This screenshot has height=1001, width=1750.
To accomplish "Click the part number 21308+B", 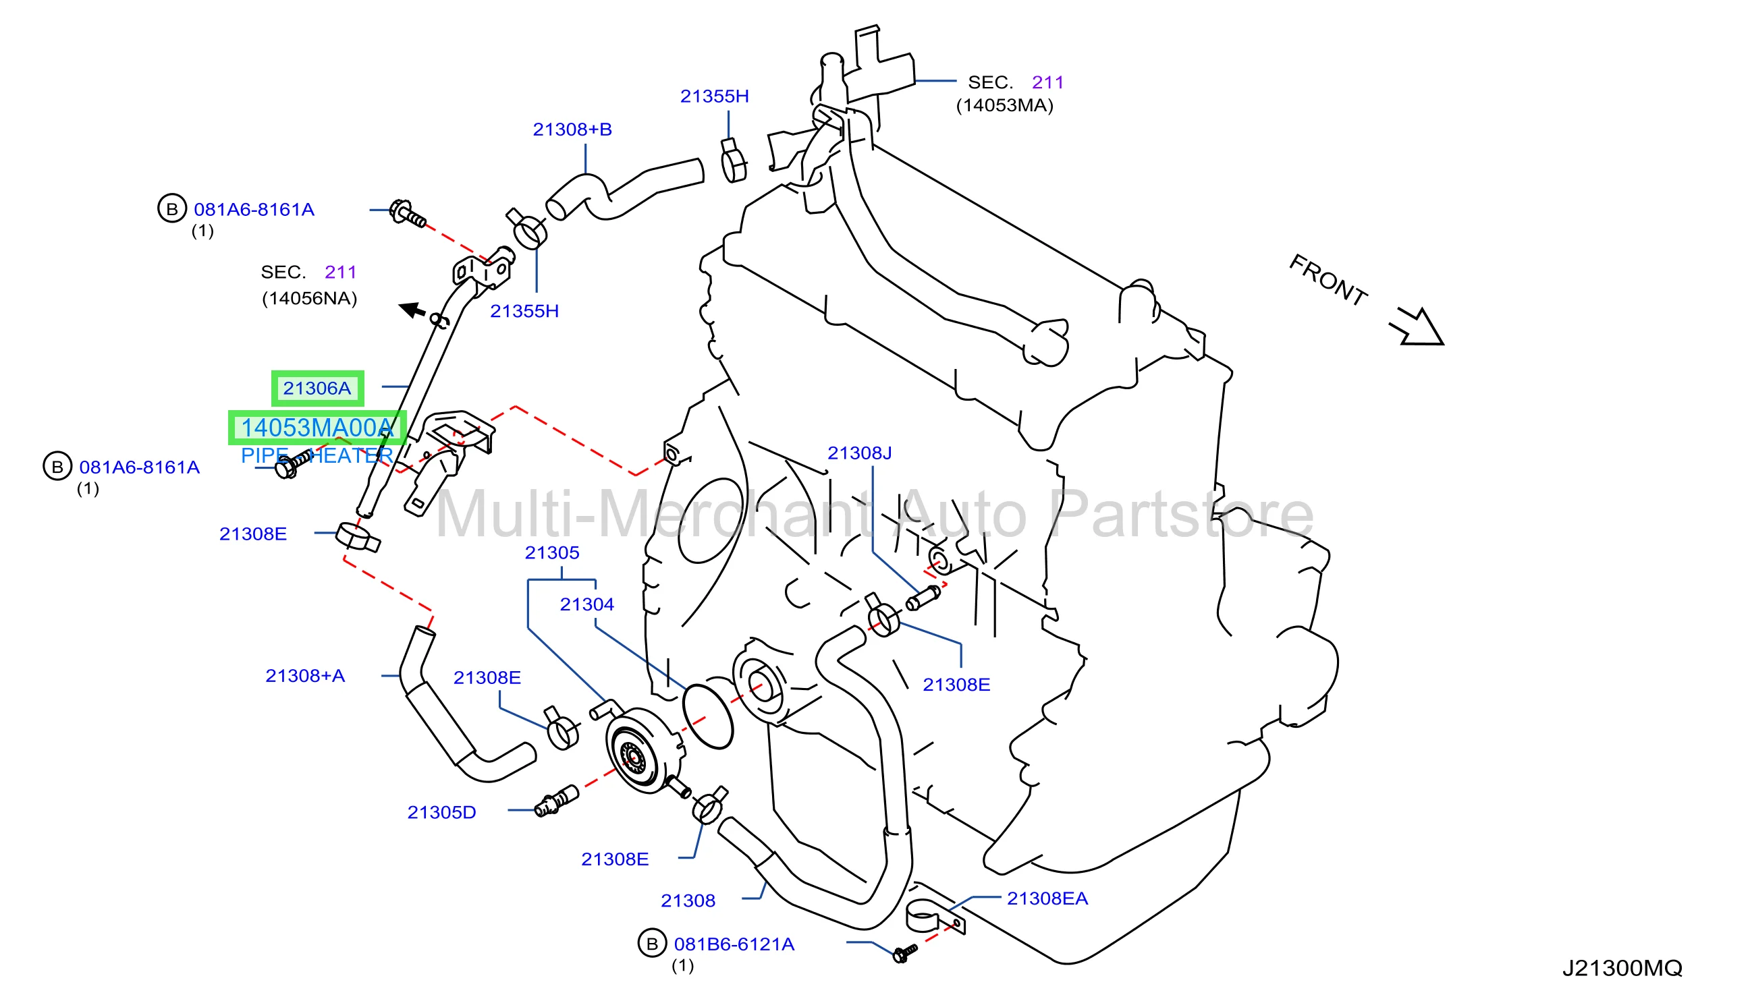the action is click(x=572, y=130).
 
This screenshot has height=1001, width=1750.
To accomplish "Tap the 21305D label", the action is click(x=441, y=813).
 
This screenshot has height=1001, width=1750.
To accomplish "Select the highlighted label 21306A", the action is click(x=317, y=389).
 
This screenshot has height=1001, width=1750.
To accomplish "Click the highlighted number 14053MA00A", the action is click(x=317, y=428).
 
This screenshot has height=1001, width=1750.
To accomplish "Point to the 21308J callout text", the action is click(x=859, y=453).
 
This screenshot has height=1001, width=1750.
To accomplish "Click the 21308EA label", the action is click(x=1047, y=898).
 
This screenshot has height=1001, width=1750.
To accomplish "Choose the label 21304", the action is click(x=586, y=604).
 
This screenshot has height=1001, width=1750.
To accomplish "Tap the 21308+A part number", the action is click(x=306, y=676).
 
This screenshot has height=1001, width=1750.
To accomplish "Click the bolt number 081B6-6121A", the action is click(x=734, y=944).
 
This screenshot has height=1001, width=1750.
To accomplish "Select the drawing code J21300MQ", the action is click(x=1622, y=968).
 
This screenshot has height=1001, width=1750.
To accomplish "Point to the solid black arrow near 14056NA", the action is click(x=413, y=310).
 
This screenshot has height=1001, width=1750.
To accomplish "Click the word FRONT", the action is click(x=1328, y=280).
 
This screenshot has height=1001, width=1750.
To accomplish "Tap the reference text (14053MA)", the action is click(x=1004, y=105).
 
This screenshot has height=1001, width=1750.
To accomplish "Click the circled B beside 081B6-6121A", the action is click(x=652, y=944).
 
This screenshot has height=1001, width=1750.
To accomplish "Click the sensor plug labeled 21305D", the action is click(x=557, y=801).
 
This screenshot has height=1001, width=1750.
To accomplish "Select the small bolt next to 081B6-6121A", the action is click(x=905, y=953).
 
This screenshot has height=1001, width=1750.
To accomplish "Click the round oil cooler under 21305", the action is click(x=643, y=751).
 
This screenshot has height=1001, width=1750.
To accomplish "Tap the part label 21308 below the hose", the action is click(x=688, y=900).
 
